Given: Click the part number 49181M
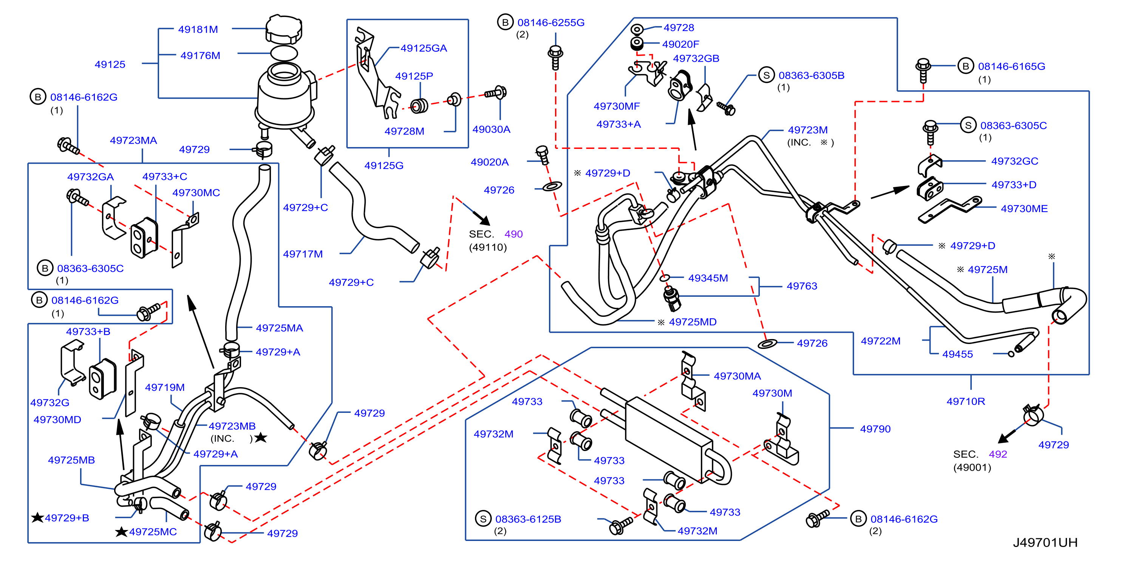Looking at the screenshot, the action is (x=198, y=29).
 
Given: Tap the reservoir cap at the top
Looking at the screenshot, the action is (x=284, y=29).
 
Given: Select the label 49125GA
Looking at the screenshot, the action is (x=424, y=48).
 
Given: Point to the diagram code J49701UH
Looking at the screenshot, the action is (x=1045, y=543).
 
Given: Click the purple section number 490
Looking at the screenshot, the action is (x=513, y=234).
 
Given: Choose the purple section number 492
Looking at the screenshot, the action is (x=998, y=454).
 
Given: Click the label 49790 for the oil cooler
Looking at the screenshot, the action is (x=875, y=429).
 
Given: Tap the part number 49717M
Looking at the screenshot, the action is (x=303, y=254).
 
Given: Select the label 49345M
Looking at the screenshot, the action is (x=708, y=278).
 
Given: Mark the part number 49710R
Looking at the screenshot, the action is (x=966, y=401).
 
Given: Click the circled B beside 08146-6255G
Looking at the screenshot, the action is (x=505, y=23).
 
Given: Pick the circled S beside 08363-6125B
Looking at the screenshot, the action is (x=483, y=519).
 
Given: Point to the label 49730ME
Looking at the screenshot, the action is (x=1024, y=209).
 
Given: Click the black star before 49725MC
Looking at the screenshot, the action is (x=121, y=532).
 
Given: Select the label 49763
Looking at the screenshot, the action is (x=802, y=286).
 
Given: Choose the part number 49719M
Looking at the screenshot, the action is (x=165, y=387).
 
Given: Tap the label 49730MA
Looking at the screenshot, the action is (x=738, y=376).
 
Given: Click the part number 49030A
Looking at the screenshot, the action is (x=491, y=129).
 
